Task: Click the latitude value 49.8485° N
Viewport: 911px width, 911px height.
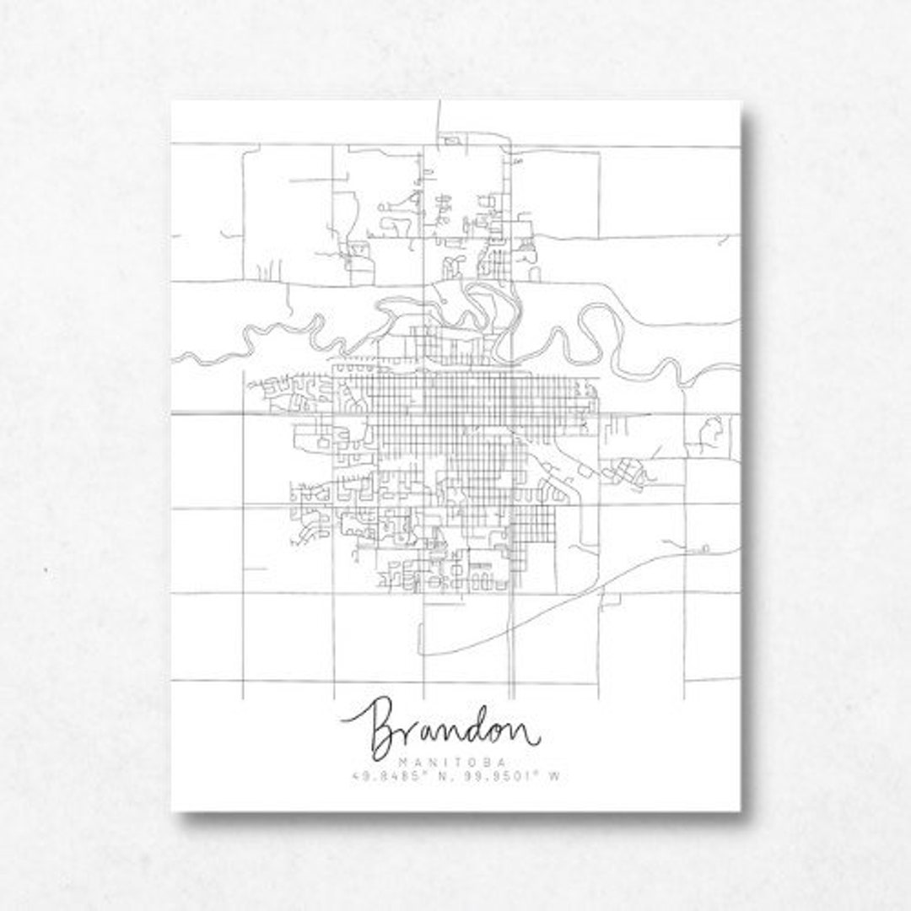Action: pos(391,777)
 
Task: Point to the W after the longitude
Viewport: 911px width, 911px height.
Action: pos(556,777)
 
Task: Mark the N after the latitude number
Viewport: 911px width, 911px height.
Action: pos(430,777)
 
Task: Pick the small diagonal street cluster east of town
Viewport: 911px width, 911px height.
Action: pos(629,472)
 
